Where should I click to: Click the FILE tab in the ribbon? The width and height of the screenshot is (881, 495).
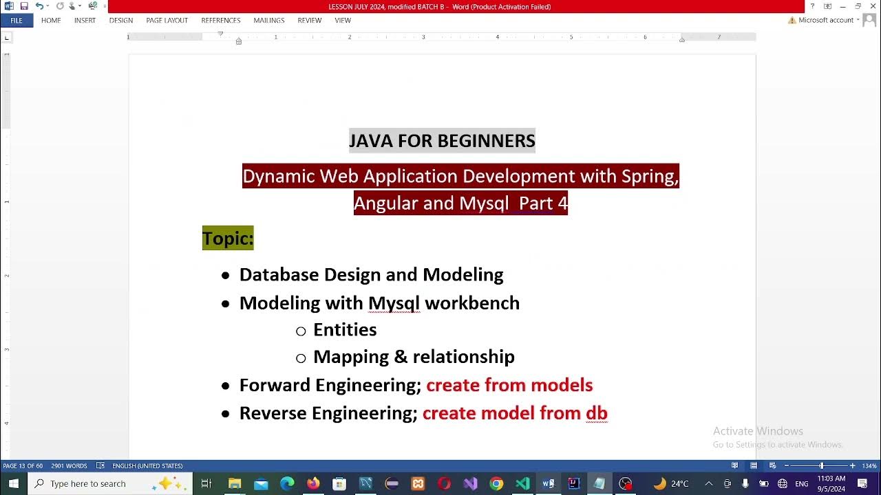17,21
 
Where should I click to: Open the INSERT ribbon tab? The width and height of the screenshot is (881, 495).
85,21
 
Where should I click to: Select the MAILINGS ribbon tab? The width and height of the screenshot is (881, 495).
268,21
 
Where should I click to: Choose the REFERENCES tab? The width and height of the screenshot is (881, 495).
220,21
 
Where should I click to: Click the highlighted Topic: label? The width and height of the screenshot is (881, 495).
228,239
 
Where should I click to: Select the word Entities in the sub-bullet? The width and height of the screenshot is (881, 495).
345,330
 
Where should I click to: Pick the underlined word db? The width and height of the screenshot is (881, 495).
596,413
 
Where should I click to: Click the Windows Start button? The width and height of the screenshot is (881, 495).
13,483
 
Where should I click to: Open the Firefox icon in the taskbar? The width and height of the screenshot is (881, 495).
313,483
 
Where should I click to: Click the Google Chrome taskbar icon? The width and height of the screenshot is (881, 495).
496,483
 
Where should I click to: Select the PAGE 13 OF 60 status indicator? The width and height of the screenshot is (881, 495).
23,466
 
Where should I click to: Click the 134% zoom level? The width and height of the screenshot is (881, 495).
869,466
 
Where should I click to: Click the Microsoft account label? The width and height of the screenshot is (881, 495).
825,21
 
